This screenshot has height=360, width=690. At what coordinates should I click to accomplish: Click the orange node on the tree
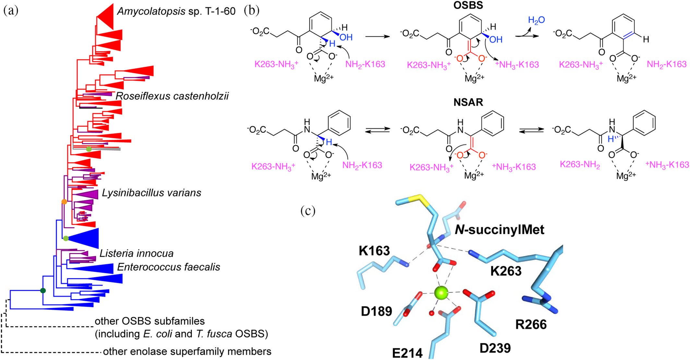pyautogui.click(x=64, y=202)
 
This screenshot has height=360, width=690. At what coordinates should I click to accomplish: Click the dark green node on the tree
pyautogui.click(x=43, y=291)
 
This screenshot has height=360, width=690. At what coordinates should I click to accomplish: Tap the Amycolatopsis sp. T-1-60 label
pyautogui.click(x=176, y=12)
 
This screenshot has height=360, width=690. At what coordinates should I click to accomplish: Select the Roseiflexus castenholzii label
pyautogui.click(x=172, y=96)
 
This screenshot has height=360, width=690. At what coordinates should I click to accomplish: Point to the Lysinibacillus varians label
pyautogui.click(x=151, y=193)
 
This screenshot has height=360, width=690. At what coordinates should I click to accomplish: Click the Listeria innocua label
pyautogui.click(x=136, y=253)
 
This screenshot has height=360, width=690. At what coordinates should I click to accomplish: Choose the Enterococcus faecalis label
pyautogui.click(x=168, y=267)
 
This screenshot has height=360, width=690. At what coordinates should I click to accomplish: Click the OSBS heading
pyautogui.click(x=468, y=5)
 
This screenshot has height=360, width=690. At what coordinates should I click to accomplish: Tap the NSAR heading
pyautogui.click(x=468, y=102)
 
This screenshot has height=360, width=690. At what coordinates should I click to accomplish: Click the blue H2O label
pyautogui.click(x=536, y=20)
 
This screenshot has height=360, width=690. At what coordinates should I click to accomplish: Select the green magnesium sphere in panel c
pyautogui.click(x=441, y=292)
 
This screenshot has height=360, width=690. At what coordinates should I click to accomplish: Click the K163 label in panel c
pyautogui.click(x=374, y=251)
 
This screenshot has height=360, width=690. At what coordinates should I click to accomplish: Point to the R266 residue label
pyautogui.click(x=531, y=324)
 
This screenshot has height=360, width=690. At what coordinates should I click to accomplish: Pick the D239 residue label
pyautogui.click(x=495, y=348)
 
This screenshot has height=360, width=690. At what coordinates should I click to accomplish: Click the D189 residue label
pyautogui.click(x=376, y=311)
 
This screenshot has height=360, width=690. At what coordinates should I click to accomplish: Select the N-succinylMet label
pyautogui.click(x=500, y=230)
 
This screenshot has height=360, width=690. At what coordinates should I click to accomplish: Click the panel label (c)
pyautogui.click(x=308, y=211)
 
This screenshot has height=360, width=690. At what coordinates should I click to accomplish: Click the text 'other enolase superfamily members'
pyautogui.click(x=187, y=352)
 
